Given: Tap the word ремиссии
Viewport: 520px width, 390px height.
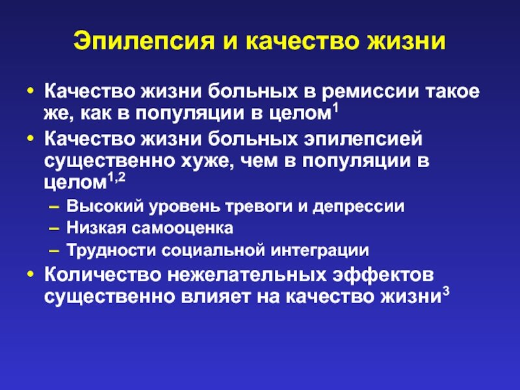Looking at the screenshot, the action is point(370,92).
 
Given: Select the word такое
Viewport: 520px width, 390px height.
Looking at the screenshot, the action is point(452,92).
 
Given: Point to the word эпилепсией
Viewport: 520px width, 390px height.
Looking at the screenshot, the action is point(363,139).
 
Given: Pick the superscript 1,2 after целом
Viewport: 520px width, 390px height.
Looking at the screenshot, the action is point(117,178).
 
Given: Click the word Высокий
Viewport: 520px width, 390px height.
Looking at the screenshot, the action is point(105,206).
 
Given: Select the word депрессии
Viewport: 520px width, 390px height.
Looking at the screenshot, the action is point(359,207).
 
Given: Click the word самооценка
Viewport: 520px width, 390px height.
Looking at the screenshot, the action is point(183,229).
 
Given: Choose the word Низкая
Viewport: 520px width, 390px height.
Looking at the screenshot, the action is point(96,228).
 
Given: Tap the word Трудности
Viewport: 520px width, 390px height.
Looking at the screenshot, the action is point(111,250).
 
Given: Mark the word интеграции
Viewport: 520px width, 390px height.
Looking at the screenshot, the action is point(320,251).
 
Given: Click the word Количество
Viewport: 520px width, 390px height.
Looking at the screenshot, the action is point(103,275).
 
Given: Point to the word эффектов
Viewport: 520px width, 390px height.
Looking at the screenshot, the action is point(383,275).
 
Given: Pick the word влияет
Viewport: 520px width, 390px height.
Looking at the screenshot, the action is point(216,297).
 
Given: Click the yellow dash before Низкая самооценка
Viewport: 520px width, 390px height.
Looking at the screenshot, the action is point(54,229).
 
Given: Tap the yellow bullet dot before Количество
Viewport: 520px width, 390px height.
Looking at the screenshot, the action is point(31,274).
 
